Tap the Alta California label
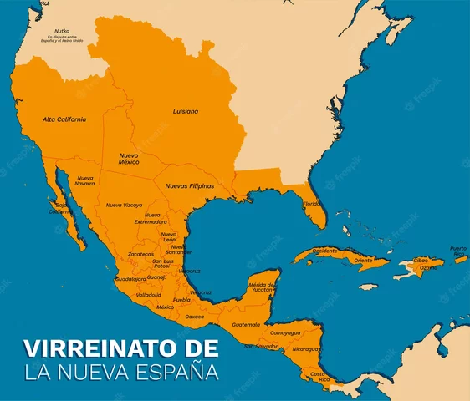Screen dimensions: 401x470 pos(64,119)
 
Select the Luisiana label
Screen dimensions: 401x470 pos(186,111)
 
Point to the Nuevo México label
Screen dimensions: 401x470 pos(128,158)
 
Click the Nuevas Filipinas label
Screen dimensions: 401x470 pos(189,185)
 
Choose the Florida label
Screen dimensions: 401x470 pos(312,204)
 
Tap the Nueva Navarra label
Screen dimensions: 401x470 pos(85,180)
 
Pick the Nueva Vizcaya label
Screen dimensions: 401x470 pos(124,205)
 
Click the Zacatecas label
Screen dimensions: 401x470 pos(140,255)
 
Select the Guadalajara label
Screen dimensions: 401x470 pos(130,278)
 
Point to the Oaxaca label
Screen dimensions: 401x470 pos(195,317)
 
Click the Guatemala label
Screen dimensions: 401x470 pos(246,324)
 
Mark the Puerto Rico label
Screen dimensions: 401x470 pos(458,250)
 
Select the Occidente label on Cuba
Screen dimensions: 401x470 pos(325,251)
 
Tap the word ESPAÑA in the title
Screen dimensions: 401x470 pos(176,370)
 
